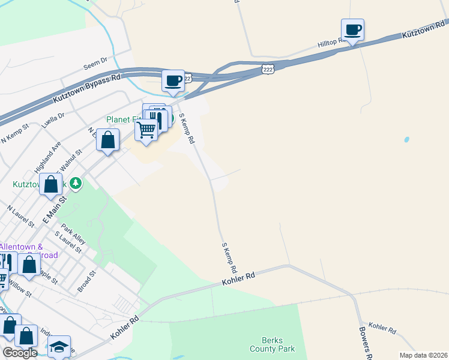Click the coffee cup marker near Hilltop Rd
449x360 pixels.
[x=352, y=29]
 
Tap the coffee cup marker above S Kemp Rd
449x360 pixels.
[x=173, y=81]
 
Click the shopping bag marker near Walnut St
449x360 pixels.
[x=107, y=141]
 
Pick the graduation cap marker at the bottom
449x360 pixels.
[x=59, y=347]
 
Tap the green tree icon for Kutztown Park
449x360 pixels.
[x=76, y=183]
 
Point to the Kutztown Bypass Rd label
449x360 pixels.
[x=87, y=88]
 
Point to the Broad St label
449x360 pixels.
[x=86, y=281]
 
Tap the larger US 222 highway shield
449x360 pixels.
[x=268, y=70]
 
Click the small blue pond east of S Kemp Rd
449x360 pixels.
[x=406, y=139]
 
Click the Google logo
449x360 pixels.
[x=20, y=353]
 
